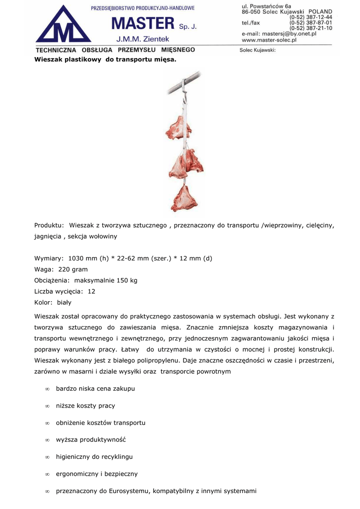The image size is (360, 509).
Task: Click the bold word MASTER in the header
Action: point(143,23)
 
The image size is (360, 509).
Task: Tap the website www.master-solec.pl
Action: point(269,40)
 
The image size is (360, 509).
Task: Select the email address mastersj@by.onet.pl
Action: point(289,34)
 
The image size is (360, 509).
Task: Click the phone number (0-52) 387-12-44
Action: point(311,17)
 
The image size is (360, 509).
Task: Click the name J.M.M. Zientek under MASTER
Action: point(143,39)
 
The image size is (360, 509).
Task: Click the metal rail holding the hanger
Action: point(184,82)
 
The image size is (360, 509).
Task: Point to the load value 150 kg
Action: point(127,280)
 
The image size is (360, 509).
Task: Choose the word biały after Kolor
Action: point(64,302)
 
